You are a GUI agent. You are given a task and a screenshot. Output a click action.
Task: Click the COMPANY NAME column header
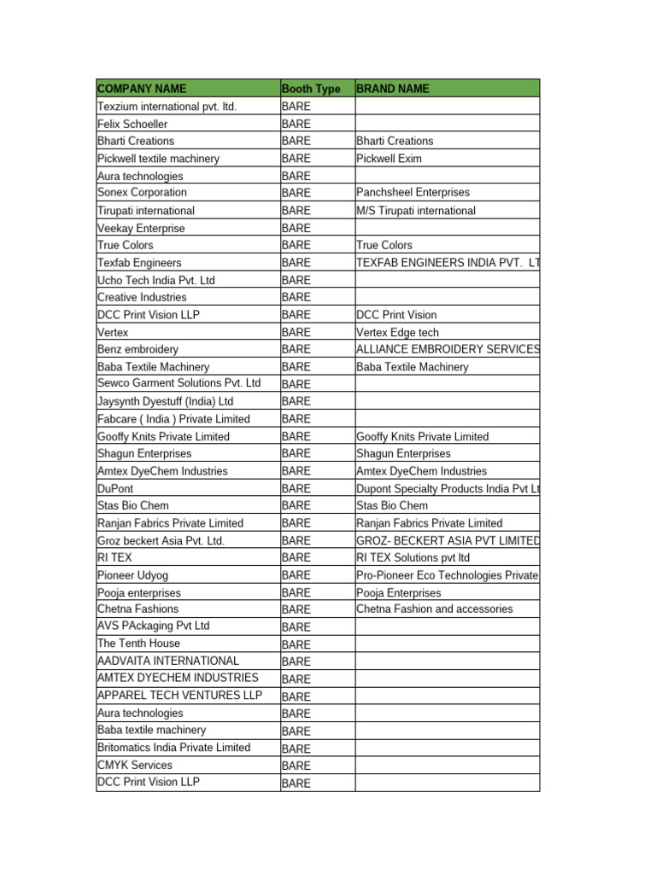click(x=142, y=89)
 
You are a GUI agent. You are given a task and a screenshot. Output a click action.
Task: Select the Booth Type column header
click(x=310, y=89)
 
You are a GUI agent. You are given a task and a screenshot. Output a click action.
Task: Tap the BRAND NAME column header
click(x=393, y=89)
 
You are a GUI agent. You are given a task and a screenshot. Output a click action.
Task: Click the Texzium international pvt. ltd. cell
click(x=167, y=107)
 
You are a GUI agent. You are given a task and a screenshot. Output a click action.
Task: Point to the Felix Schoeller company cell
click(x=132, y=124)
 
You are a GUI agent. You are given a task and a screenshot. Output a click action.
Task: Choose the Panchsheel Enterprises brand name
click(x=413, y=193)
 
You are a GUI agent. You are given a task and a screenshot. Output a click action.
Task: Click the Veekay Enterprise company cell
click(x=141, y=228)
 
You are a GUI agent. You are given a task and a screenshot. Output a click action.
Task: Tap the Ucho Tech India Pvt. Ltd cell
click(x=156, y=280)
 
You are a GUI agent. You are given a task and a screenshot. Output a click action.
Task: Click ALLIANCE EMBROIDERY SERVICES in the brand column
click(x=448, y=349)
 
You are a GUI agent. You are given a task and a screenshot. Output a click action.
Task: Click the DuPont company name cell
click(x=115, y=488)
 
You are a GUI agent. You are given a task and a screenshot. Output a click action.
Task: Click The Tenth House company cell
click(x=138, y=644)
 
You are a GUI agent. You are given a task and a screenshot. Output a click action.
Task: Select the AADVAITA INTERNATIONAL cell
click(x=168, y=661)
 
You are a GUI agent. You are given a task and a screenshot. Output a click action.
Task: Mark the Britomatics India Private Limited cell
click(x=174, y=748)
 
